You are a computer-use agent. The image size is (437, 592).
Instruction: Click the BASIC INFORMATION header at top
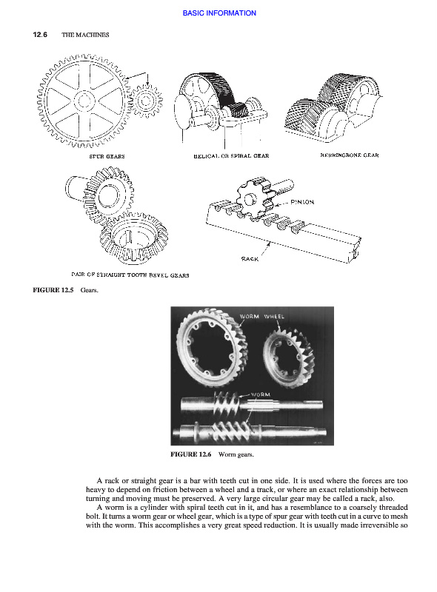click(x=219, y=13)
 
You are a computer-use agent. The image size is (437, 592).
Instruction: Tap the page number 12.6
click(x=40, y=35)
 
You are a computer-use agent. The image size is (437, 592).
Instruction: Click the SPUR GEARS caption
click(x=107, y=156)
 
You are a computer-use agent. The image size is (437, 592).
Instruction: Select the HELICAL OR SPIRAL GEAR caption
click(x=231, y=155)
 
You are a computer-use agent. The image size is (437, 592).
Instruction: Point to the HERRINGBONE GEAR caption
click(x=350, y=155)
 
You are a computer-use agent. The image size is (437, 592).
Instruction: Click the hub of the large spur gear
click(x=84, y=101)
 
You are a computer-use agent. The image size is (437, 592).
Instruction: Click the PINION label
click(x=302, y=202)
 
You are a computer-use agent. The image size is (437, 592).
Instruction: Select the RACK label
click(x=250, y=258)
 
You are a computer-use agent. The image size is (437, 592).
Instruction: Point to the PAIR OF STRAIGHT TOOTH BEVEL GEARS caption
click(x=130, y=275)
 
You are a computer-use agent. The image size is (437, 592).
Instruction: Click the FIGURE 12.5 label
click(x=53, y=290)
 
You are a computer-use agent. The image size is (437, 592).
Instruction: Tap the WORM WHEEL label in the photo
click(x=261, y=317)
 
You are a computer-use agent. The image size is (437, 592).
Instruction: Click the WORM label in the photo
click(x=261, y=394)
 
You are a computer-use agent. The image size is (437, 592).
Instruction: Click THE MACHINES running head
click(x=85, y=35)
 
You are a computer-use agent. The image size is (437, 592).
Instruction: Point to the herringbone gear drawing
click(x=332, y=107)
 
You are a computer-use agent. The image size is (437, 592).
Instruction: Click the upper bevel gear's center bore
click(x=109, y=195)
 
